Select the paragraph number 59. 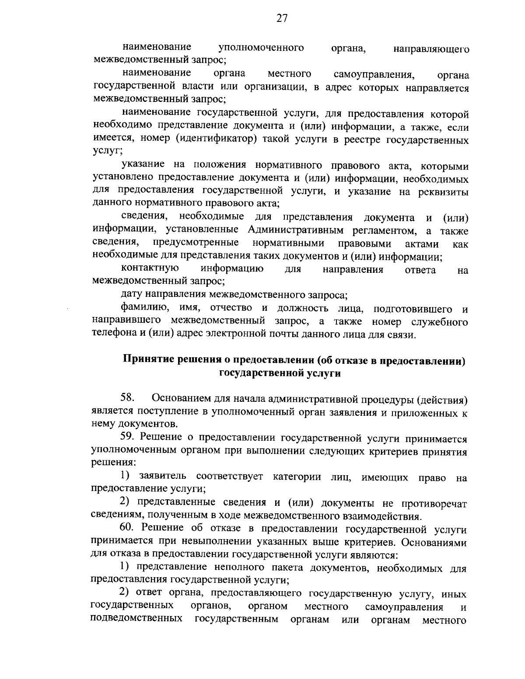click(128, 438)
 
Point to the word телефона click(112, 335)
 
